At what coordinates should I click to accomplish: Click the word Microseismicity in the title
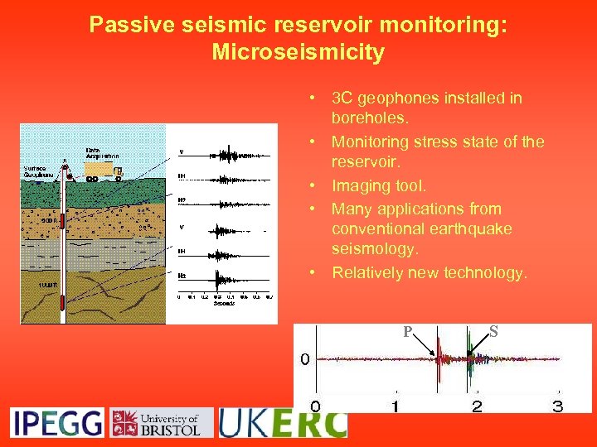pos(298,52)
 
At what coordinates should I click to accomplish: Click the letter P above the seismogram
pos(407,332)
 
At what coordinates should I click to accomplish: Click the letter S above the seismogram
pos(493,331)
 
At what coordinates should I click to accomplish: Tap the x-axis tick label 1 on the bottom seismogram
pos(396,406)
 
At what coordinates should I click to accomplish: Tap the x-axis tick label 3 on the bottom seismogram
pos(558,406)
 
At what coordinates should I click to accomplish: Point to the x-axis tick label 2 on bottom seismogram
pos(477,406)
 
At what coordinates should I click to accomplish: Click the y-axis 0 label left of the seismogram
pos(304,359)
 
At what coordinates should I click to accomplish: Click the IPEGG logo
pos(56,422)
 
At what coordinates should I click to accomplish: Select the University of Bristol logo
pos(161,422)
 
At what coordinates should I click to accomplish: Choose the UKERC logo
pos(282,422)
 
